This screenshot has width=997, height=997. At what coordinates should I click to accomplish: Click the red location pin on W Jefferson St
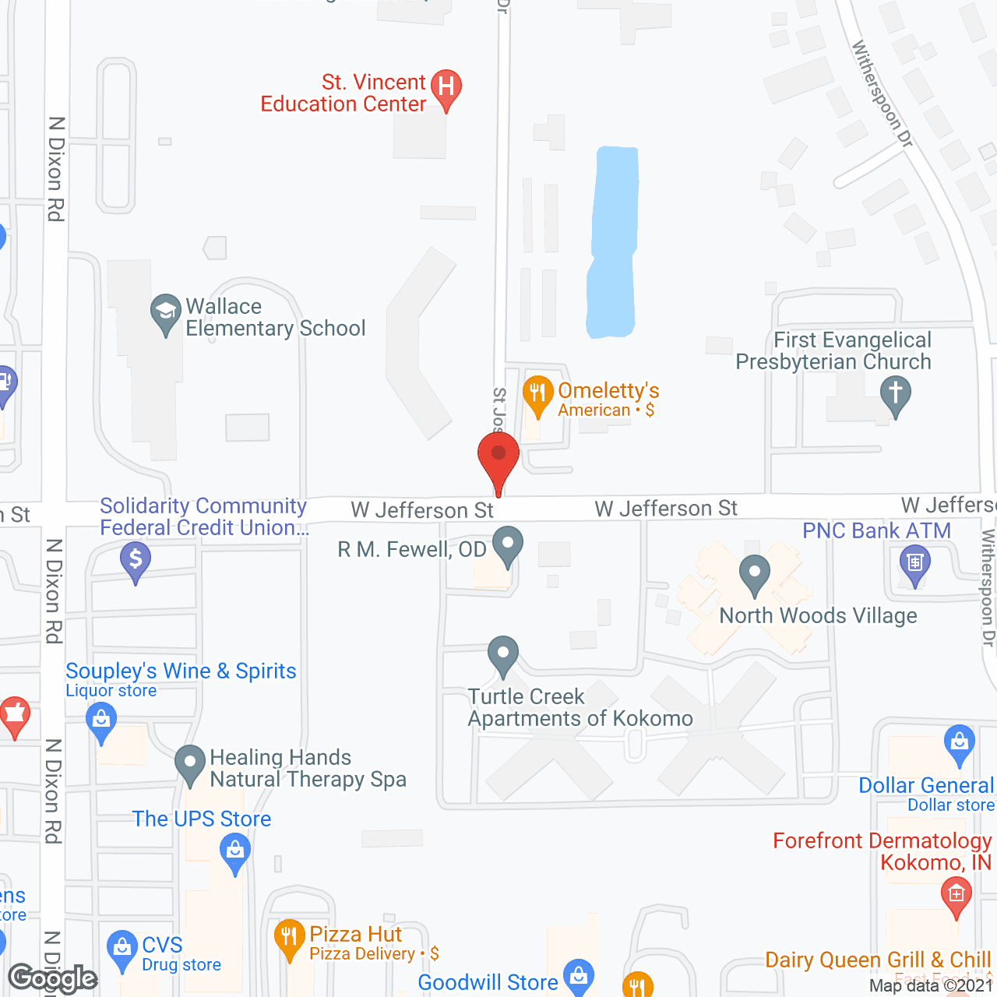(498, 456)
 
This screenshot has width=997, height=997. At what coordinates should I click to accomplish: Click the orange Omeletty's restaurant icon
(537, 393)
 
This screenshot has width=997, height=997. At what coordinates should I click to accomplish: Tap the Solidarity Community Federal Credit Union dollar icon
(136, 559)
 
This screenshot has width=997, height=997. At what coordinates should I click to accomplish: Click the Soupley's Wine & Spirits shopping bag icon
(101, 720)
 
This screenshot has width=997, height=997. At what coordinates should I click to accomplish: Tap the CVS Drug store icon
(122, 948)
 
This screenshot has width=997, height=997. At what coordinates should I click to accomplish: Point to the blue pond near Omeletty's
(613, 241)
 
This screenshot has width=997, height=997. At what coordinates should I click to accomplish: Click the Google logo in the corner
(53, 978)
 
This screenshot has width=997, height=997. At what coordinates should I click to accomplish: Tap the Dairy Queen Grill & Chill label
(878, 960)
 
